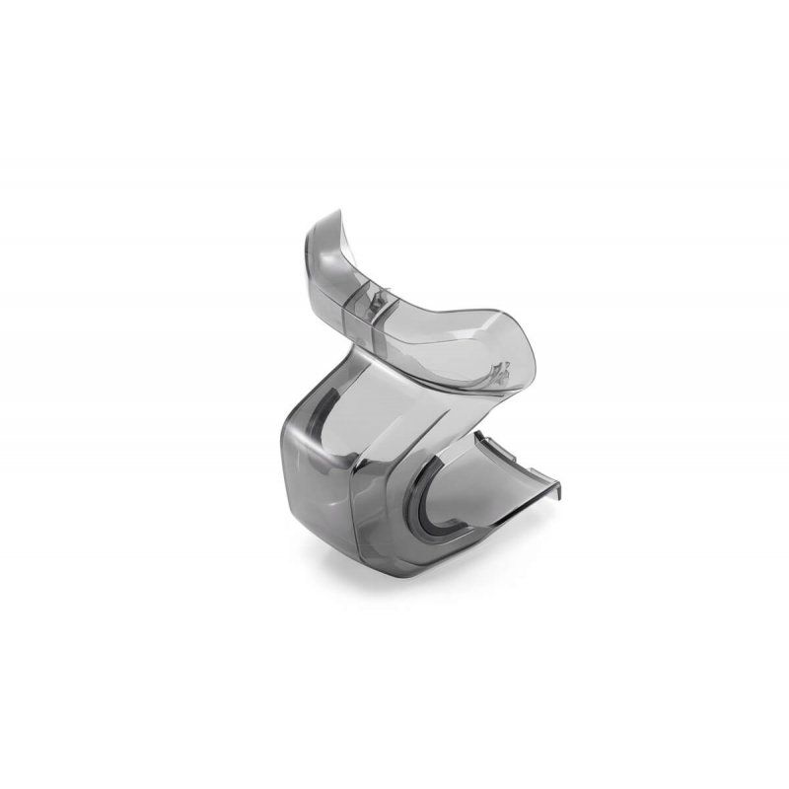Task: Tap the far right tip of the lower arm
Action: click(565, 484)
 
